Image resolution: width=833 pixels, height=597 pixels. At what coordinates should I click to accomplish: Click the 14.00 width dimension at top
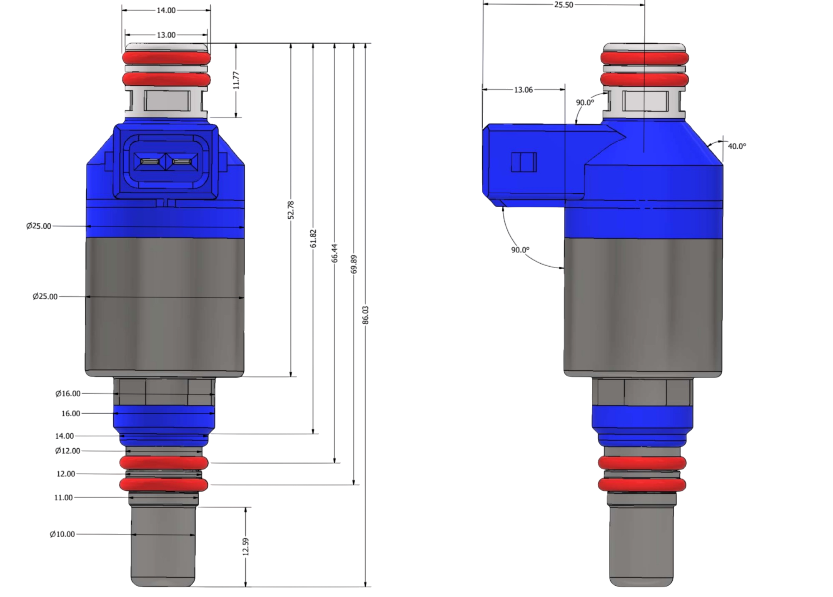click(x=166, y=10)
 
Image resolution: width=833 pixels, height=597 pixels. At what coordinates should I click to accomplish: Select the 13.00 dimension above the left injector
click(x=166, y=35)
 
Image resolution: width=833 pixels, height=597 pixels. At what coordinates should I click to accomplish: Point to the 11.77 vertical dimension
click(x=236, y=80)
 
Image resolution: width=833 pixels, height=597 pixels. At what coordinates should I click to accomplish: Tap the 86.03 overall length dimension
click(x=366, y=315)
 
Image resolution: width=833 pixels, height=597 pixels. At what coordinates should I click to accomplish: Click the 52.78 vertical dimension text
click(x=291, y=210)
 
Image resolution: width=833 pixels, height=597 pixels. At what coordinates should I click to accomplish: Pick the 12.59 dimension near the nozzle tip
click(x=245, y=546)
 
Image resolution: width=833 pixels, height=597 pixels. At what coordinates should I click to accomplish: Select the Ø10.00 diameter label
click(x=62, y=534)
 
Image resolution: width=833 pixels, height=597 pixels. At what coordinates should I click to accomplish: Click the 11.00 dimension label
click(x=63, y=497)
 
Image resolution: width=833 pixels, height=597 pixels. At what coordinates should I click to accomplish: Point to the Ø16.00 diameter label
click(x=68, y=393)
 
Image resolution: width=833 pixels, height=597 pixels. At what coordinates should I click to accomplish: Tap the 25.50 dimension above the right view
click(x=564, y=5)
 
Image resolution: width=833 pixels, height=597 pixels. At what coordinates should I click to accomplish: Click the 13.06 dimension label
click(x=523, y=90)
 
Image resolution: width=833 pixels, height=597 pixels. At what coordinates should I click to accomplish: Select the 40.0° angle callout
click(x=737, y=146)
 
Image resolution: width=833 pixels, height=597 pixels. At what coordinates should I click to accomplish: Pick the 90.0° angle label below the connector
click(x=520, y=250)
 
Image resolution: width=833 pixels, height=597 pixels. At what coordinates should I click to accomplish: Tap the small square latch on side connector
click(x=524, y=162)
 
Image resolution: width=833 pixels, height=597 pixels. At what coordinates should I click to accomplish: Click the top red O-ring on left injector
click(x=166, y=58)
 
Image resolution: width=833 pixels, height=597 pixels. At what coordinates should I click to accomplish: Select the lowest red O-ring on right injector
click(x=641, y=484)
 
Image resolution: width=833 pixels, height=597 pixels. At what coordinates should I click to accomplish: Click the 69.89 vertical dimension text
click(x=354, y=264)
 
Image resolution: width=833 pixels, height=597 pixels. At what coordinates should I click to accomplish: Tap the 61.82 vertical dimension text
click(x=313, y=238)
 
